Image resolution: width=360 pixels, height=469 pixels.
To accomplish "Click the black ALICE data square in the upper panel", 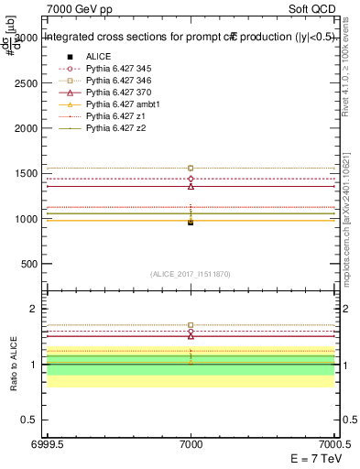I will point(191,223).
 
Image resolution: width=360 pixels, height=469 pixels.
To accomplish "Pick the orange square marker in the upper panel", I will point(191,168).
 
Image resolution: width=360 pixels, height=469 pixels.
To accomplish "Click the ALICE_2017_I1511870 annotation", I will point(191,274).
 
